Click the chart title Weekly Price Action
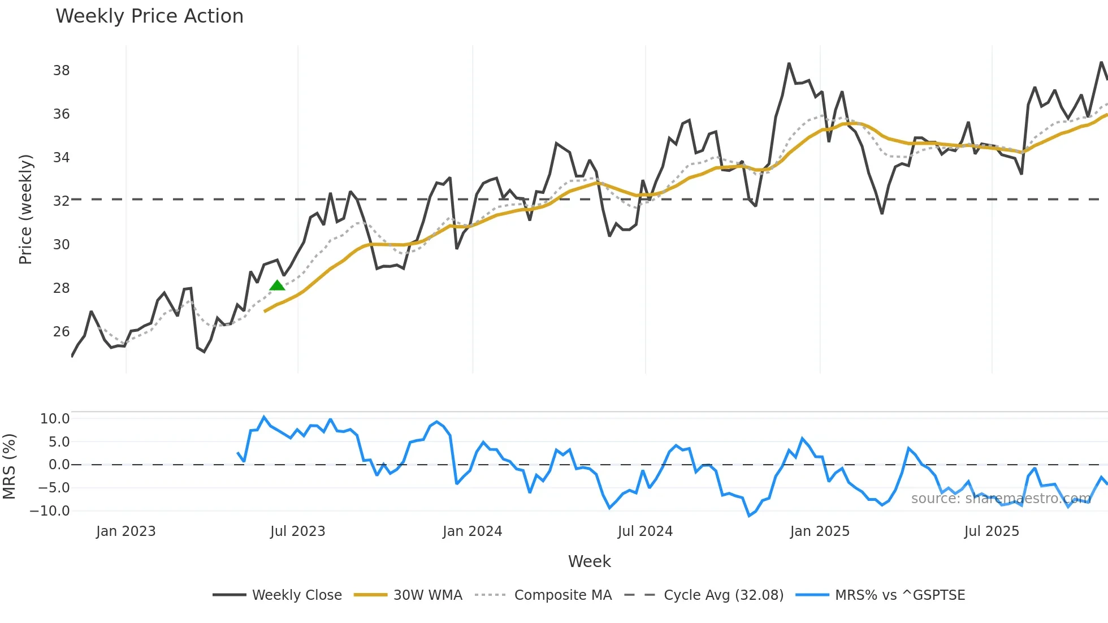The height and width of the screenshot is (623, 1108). click(149, 16)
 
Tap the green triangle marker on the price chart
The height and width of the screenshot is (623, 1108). click(277, 285)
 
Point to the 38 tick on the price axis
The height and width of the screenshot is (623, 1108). click(61, 71)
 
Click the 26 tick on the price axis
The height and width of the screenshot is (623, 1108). click(61, 332)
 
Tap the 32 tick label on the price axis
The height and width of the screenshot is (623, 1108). click(61, 201)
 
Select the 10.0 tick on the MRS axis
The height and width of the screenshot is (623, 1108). click(55, 419)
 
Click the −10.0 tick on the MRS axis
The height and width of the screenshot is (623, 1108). click(50, 511)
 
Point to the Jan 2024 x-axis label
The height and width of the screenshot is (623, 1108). click(472, 531)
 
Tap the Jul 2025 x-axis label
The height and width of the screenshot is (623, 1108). click(992, 531)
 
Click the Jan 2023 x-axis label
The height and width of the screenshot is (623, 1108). click(125, 531)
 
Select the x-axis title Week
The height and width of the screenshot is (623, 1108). click(589, 561)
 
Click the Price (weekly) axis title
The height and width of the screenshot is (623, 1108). click(25, 209)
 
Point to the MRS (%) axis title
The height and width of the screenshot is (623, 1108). click(9, 466)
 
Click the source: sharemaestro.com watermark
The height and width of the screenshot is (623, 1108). click(1001, 498)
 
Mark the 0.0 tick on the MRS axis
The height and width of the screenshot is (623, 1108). click(59, 465)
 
